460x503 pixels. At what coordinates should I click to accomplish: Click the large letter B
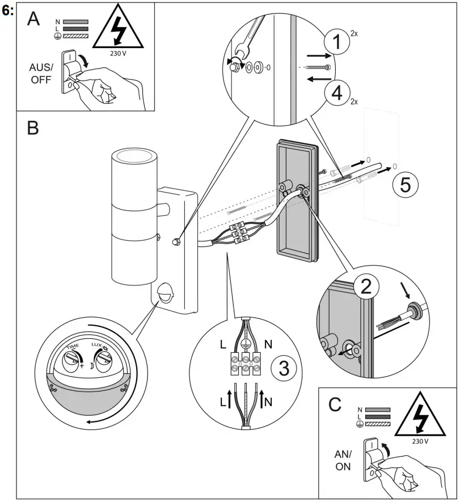tap(33, 128)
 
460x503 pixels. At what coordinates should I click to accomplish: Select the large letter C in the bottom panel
tap(335, 404)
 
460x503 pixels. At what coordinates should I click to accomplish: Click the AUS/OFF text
tap(40, 73)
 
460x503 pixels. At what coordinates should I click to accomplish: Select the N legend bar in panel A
tap(76, 21)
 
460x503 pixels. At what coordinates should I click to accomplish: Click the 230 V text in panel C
tap(419, 440)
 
